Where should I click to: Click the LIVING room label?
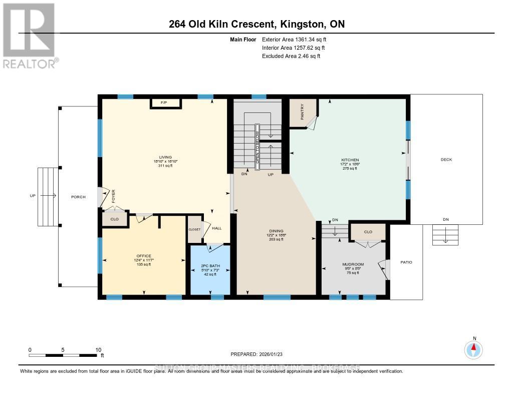165,157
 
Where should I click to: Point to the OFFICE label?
144,255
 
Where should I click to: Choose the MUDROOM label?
353,264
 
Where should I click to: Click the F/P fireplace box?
163,103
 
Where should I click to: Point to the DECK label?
446,160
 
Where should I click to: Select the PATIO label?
406,262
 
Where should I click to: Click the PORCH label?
78,197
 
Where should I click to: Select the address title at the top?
256,24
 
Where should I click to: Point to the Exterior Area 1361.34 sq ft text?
295,39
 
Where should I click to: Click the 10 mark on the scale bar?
98,350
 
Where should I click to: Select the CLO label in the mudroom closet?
368,232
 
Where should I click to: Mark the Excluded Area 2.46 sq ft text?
291,56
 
